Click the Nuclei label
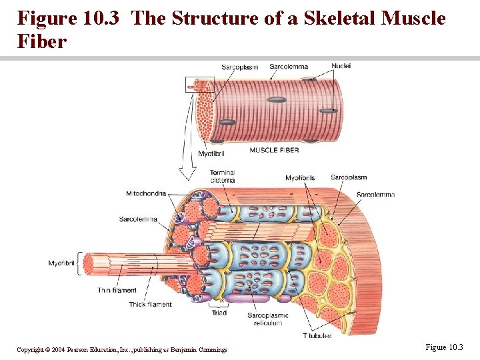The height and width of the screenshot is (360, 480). tap(341, 66)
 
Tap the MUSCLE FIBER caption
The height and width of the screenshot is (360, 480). tap(274, 150)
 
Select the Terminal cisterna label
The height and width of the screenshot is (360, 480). tap(222, 177)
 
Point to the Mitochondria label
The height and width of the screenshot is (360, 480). tap(146, 194)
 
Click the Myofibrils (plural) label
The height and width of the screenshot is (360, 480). tap(299, 178)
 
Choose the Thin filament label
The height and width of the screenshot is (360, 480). tap(117, 290)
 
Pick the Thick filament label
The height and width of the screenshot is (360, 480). tap(150, 305)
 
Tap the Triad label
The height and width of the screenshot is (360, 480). tap(219, 313)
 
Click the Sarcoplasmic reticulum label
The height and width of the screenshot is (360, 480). tap(268, 319)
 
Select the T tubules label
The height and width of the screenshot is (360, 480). tap(317, 336)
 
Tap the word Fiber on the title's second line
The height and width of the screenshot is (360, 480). tap(42, 42)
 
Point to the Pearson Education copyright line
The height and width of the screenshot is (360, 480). tap(122, 350)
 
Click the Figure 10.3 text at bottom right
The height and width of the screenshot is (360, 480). tap(443, 347)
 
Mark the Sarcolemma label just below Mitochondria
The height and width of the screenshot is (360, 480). tap(138, 219)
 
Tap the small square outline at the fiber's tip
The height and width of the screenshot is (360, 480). tap(199, 85)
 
